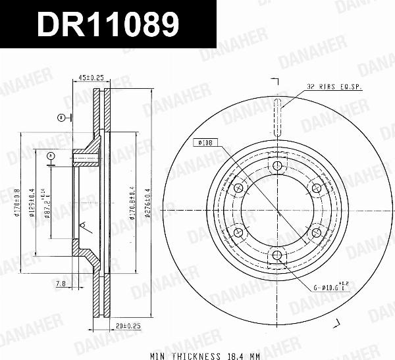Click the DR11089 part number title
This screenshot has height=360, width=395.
[x=108, y=26]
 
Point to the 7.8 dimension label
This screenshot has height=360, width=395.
[x=61, y=284]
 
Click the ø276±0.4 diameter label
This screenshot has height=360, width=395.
[x=149, y=204]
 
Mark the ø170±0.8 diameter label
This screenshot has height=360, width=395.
[x=18, y=204]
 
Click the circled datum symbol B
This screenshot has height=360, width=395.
[x=61, y=117]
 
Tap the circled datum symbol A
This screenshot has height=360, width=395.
[x=50, y=155]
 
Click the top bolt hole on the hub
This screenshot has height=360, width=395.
[x=277, y=165]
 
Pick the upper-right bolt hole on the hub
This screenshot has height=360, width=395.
[x=316, y=188]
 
